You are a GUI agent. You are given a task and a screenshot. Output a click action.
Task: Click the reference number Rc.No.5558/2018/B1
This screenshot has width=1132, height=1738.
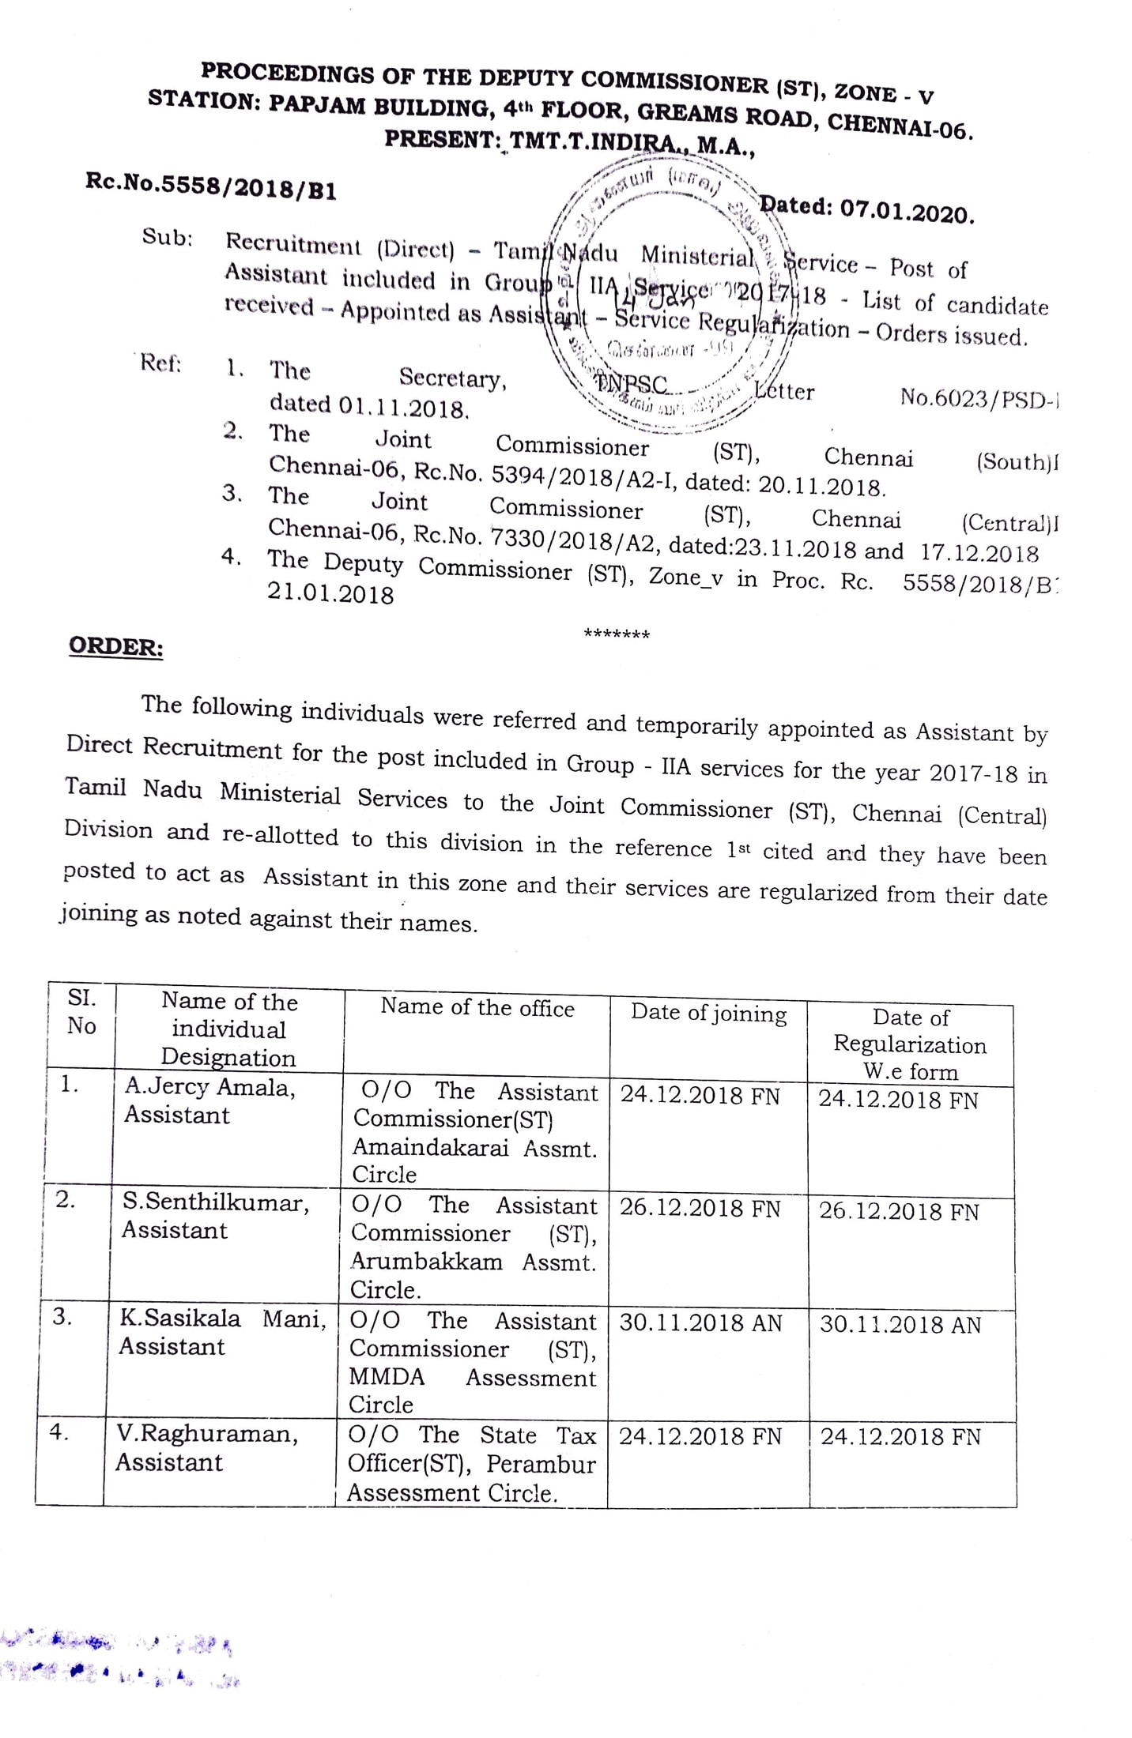point(210,186)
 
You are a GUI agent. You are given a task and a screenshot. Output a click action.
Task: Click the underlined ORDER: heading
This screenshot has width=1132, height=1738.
point(116,646)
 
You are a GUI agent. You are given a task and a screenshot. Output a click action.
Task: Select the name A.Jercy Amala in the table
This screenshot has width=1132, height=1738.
point(209,1087)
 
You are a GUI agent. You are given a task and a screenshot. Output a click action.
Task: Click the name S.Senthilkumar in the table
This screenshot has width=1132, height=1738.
point(215,1202)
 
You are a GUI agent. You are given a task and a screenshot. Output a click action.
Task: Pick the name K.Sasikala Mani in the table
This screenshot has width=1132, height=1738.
point(222,1318)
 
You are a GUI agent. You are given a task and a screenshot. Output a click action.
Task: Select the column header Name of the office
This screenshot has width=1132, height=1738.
point(477,1007)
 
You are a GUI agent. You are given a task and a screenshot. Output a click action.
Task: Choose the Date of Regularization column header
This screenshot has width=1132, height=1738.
point(910,1044)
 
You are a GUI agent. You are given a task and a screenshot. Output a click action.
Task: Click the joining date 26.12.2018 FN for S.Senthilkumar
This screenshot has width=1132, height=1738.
point(700,1209)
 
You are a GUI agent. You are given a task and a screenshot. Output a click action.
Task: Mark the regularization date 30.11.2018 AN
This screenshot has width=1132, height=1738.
point(900,1325)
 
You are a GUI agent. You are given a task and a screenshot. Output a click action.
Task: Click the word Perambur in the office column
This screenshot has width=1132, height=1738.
point(541,1464)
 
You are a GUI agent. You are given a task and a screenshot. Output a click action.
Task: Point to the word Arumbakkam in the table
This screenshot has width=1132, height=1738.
point(427,1261)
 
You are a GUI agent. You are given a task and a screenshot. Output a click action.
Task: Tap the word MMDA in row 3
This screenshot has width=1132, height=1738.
point(387,1376)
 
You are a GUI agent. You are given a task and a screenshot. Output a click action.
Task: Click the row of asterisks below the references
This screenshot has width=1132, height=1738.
point(616,634)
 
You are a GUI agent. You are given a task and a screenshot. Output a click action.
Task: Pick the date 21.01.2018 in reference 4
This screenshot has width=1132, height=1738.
point(330,593)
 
